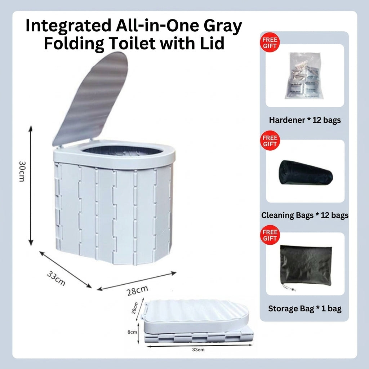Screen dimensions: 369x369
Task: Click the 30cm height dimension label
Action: (22, 171)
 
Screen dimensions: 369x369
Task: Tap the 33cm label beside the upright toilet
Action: (56, 278)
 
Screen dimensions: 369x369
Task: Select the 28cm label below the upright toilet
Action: (137, 290)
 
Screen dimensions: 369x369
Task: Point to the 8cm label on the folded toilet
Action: (132, 332)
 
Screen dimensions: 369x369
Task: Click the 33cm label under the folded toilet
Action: (198, 350)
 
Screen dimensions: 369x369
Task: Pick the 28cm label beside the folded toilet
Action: (135, 308)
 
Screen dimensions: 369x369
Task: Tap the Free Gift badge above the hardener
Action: (270, 43)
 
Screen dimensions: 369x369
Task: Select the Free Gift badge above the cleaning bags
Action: (270, 141)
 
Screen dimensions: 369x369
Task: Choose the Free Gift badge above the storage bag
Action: (270, 235)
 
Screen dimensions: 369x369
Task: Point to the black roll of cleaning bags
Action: (306, 173)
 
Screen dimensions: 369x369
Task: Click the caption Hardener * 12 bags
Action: (305, 120)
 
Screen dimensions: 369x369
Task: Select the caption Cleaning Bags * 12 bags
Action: (305, 215)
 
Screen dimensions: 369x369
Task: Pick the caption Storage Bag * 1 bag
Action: (305, 308)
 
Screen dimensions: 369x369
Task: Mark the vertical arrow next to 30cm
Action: (31, 186)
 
